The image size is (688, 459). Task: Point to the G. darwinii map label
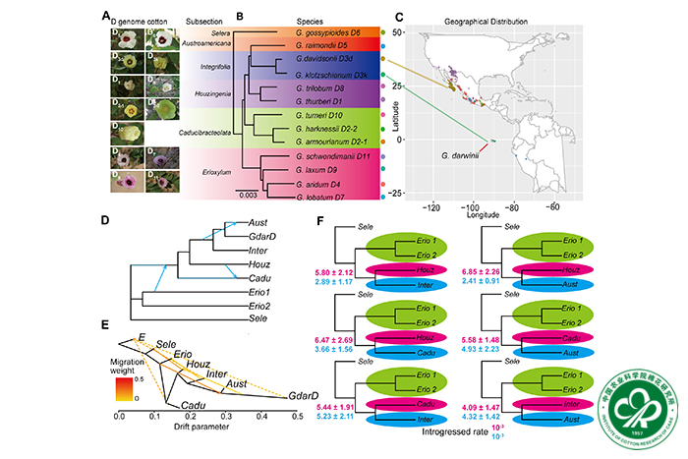click(460, 155)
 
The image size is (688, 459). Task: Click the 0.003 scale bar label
click(247, 196)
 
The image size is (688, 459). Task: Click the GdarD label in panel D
click(260, 237)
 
